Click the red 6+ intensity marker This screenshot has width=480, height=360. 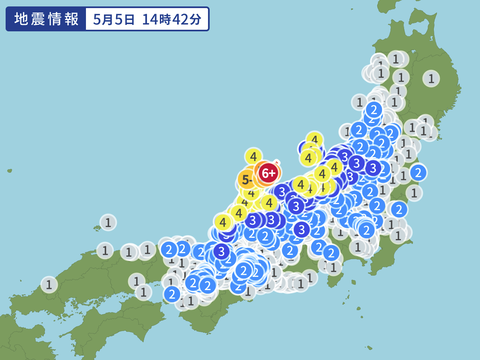click(x=268, y=173)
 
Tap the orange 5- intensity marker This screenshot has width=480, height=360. click(x=246, y=181)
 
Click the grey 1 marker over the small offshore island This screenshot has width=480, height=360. click(x=107, y=222)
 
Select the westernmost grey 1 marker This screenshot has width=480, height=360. click(x=49, y=284)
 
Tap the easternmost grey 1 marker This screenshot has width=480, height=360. click(x=431, y=78)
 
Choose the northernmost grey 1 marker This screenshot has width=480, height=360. click(x=396, y=59)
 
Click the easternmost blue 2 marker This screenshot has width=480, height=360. click(x=418, y=172)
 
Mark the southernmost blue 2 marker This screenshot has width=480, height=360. click(x=172, y=294)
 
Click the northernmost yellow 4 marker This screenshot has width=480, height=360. click(x=314, y=140)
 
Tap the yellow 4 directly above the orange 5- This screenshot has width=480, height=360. click(x=253, y=156)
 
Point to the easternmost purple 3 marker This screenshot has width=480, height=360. click(x=373, y=168)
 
